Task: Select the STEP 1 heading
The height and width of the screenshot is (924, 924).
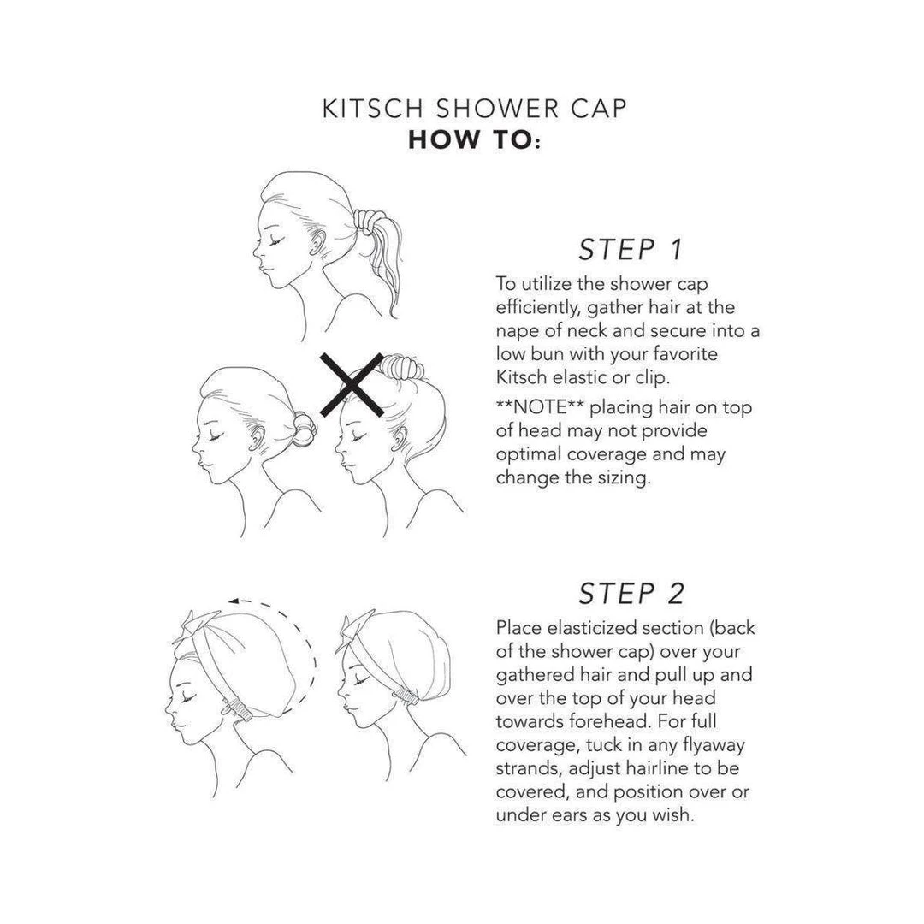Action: click(x=631, y=249)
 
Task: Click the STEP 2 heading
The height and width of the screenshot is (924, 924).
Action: click(x=631, y=593)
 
